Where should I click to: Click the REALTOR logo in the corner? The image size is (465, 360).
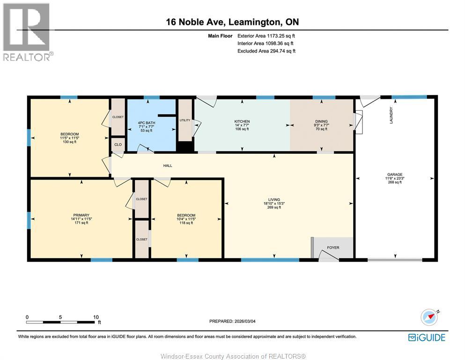click(x=28, y=32)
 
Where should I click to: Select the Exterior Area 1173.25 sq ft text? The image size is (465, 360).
click(x=266, y=36)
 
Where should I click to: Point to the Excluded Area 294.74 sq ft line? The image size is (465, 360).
click(x=266, y=51)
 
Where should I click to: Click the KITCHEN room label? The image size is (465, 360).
click(x=242, y=121)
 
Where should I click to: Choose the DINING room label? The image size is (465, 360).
click(x=321, y=121)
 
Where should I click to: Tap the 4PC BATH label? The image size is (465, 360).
click(x=147, y=123)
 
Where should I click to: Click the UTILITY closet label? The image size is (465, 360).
click(x=185, y=120)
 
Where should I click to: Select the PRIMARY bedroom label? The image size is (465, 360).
click(x=81, y=215)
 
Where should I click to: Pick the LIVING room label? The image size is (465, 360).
click(x=274, y=200)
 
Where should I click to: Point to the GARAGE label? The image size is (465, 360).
click(x=395, y=174)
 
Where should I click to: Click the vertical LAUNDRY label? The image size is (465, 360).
click(x=391, y=115)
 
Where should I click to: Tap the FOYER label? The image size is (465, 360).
click(x=333, y=247)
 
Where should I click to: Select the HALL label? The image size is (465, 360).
click(x=168, y=165)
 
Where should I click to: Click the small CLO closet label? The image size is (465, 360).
click(x=118, y=144)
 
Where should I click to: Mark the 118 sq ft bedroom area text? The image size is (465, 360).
click(x=186, y=223)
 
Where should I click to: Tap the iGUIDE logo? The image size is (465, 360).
click(x=427, y=337)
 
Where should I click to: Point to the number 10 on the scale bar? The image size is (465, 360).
click(x=96, y=317)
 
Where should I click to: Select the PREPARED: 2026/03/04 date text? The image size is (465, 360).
click(x=232, y=321)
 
